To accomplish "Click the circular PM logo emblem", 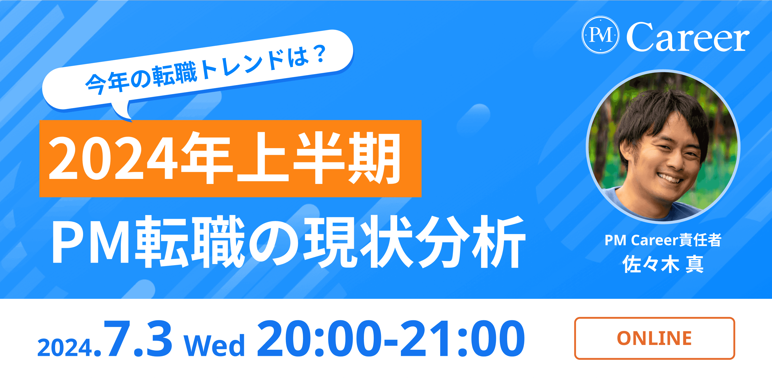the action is (x=600, y=35).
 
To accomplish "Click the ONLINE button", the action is (x=655, y=338).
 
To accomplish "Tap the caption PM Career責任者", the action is (x=663, y=240).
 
